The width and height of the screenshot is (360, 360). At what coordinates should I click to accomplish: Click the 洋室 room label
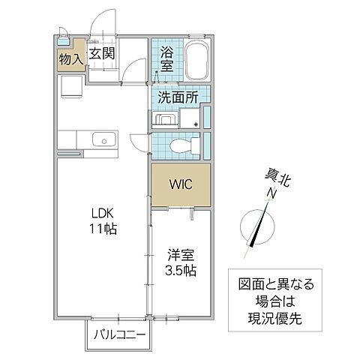point(180,255)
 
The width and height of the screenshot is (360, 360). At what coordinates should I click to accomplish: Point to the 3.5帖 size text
point(180,270)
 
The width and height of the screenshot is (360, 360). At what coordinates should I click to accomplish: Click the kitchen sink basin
point(103,139)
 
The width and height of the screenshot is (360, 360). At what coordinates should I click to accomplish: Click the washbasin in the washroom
point(165,121)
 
